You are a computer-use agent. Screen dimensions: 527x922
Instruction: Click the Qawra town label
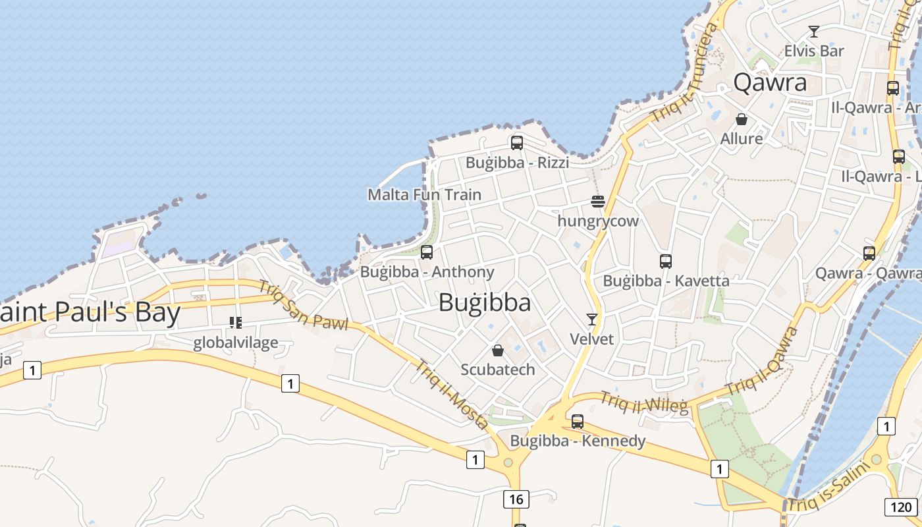pyautogui.click(x=770, y=83)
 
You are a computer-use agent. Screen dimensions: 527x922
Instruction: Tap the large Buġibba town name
pyautogui.click(x=484, y=302)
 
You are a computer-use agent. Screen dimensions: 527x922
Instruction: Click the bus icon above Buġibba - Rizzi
pyautogui.click(x=517, y=142)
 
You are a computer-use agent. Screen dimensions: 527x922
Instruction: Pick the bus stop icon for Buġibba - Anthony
pyautogui.click(x=427, y=252)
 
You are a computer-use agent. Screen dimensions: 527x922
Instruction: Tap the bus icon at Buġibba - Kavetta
pyautogui.click(x=666, y=261)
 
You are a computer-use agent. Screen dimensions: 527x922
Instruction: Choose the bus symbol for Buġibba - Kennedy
pyautogui.click(x=578, y=421)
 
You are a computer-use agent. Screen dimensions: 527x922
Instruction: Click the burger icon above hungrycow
pyautogui.click(x=598, y=201)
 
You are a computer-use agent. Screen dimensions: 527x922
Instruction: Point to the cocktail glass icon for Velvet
pyautogui.click(x=592, y=319)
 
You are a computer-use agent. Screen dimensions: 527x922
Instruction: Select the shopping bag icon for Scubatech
pyautogui.click(x=498, y=350)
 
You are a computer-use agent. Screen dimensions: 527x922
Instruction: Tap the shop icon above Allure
pyautogui.click(x=742, y=119)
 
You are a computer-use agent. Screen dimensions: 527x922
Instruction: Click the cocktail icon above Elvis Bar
pyautogui.click(x=814, y=31)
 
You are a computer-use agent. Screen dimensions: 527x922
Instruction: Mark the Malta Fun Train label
pyautogui.click(x=424, y=194)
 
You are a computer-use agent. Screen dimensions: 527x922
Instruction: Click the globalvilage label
pyautogui.click(x=235, y=343)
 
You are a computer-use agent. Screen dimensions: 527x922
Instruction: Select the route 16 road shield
pyautogui.click(x=516, y=499)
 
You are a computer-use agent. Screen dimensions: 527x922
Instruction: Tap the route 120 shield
pyautogui.click(x=899, y=507)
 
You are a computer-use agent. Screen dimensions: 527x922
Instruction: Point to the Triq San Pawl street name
pyautogui.click(x=302, y=306)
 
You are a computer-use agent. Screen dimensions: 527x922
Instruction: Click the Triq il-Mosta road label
pyautogui.click(x=452, y=394)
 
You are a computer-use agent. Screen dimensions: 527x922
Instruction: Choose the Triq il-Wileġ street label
pyautogui.click(x=643, y=402)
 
